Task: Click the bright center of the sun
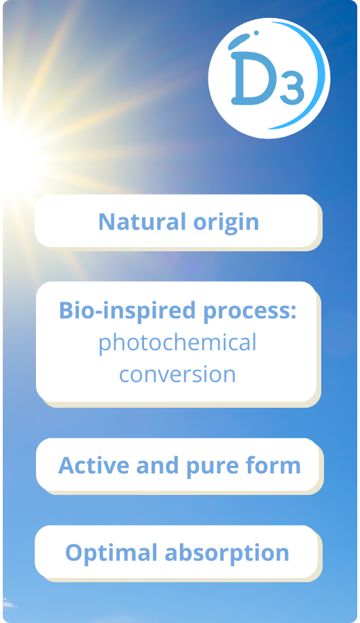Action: (x=16, y=155)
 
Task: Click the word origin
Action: (x=226, y=223)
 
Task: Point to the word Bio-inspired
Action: (x=127, y=311)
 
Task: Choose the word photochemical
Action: (x=177, y=343)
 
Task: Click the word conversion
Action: (x=177, y=374)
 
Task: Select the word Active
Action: (x=93, y=465)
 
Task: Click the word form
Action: (x=273, y=465)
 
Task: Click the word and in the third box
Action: (x=157, y=465)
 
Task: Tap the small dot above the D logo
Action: (x=256, y=33)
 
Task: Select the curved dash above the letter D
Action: (x=238, y=41)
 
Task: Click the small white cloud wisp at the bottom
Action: (x=9, y=605)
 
